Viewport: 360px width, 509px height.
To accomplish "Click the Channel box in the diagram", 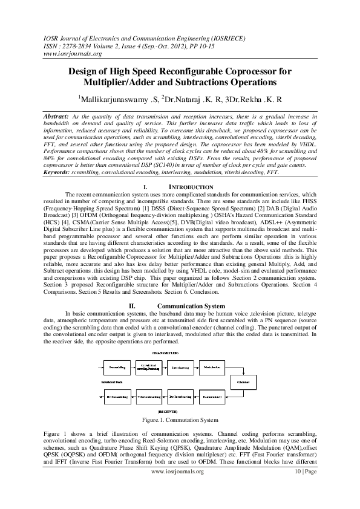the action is (x=243, y=382).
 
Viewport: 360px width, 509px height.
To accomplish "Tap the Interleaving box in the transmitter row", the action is (x=180, y=367).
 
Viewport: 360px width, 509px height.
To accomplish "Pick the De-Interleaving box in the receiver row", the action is (x=180, y=396).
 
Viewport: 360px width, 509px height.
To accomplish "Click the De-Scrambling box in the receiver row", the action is (x=114, y=396).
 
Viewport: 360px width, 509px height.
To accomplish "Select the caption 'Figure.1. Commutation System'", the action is (x=179, y=420).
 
